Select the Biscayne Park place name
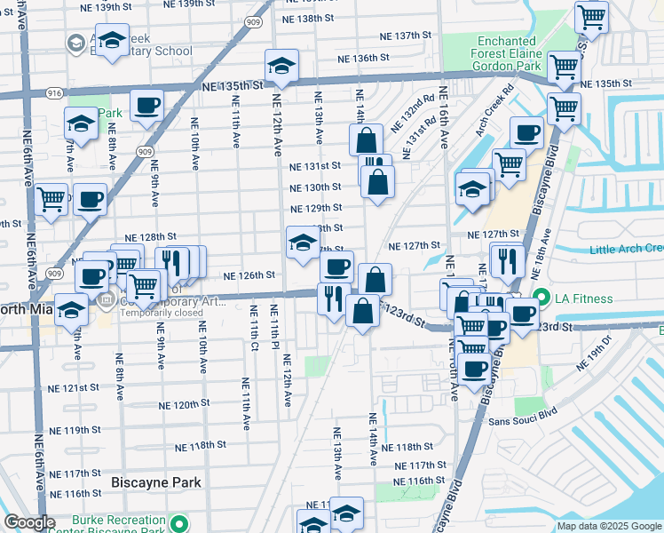tap(155, 482)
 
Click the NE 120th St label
tap(180, 403)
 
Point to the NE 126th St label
tap(249, 275)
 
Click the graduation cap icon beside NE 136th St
tap(281, 66)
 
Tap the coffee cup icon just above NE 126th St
tap(336, 266)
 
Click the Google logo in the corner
tap(29, 522)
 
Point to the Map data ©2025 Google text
tap(609, 526)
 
